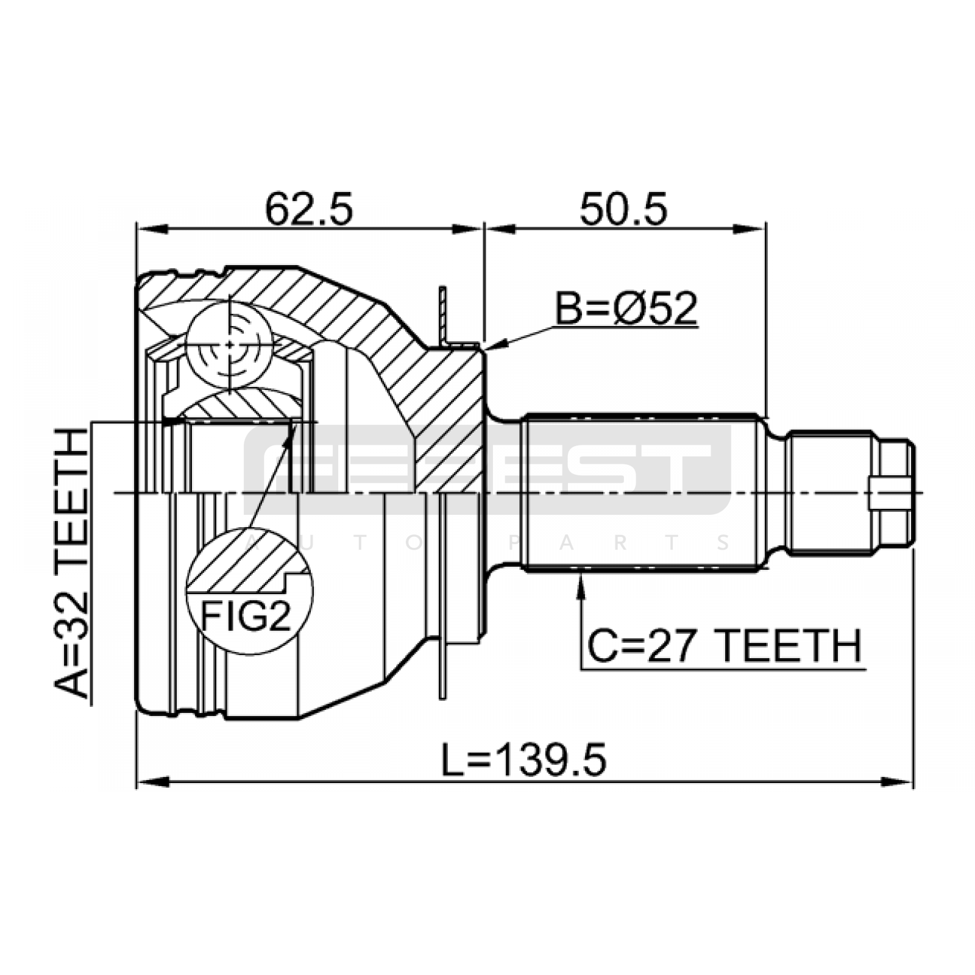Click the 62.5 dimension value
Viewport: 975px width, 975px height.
point(309,209)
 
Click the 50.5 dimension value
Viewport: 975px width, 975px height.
point(623,209)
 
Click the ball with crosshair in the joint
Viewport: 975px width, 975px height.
point(229,344)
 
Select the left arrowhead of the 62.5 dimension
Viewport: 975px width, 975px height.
point(152,229)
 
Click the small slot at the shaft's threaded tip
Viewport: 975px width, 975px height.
point(884,492)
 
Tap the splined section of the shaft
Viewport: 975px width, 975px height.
point(643,492)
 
